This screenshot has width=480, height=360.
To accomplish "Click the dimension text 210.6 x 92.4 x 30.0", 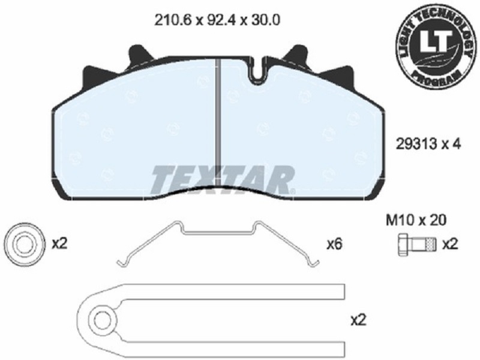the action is tap(217, 20).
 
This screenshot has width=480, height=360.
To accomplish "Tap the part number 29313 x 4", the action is tap(428, 144).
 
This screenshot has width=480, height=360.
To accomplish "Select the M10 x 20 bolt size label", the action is tap(416, 220).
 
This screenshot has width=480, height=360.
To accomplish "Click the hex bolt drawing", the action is tap(416, 245).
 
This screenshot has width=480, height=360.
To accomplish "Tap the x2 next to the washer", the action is tap(59, 244).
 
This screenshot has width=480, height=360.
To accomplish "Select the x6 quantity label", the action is tap(335, 244).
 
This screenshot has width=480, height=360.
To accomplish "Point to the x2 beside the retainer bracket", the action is tap(358, 320).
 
